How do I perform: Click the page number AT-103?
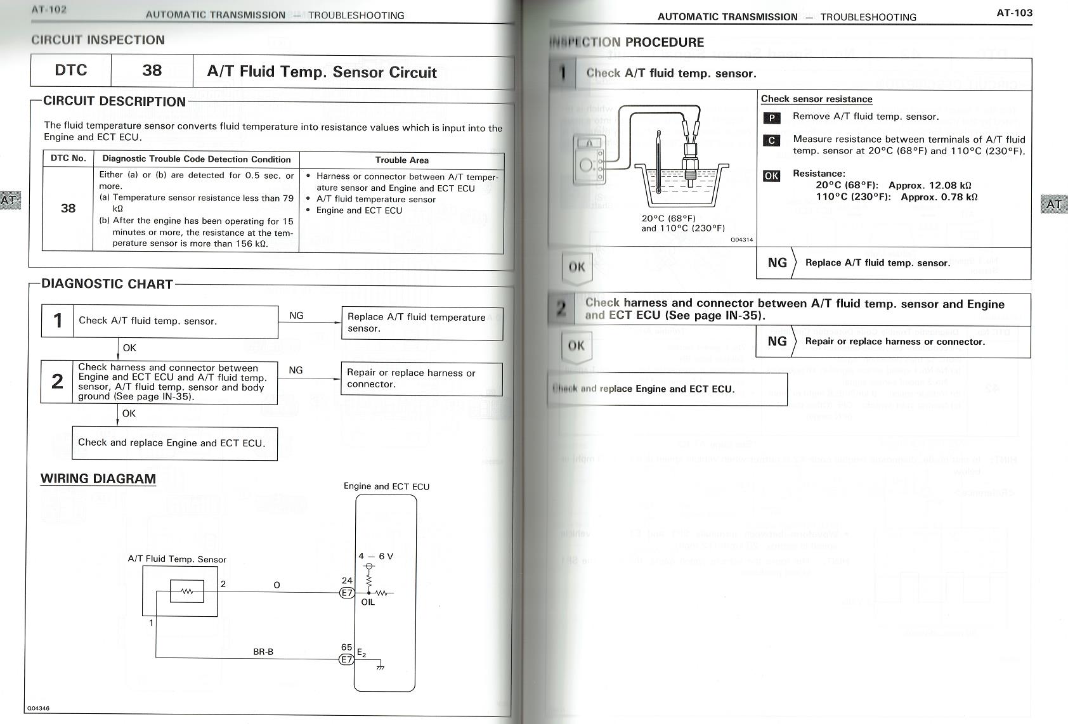(1014, 13)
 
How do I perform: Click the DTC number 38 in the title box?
(152, 70)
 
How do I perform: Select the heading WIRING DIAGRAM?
(98, 479)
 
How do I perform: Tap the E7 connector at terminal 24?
(347, 593)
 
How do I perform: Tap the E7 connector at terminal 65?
(346, 659)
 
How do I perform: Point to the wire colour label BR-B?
(263, 651)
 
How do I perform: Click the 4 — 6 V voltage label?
(375, 556)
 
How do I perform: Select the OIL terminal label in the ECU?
(368, 602)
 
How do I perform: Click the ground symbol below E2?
(380, 666)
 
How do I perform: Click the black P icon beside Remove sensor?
(771, 118)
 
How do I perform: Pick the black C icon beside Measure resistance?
(771, 140)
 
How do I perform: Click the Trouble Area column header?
(401, 160)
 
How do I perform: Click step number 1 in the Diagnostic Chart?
(58, 321)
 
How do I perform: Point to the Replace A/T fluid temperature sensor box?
(422, 323)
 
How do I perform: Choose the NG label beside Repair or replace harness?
(777, 341)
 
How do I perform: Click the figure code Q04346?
(38, 708)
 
